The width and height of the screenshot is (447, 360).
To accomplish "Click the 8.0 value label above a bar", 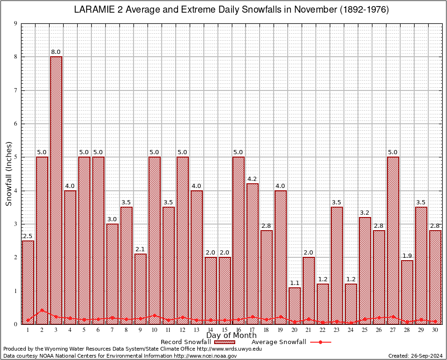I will (56, 52).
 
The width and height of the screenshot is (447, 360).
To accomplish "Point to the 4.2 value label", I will (253, 179).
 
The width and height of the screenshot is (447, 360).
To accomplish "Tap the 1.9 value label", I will (407, 255).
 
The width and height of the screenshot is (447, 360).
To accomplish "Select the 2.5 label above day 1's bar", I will (28, 235).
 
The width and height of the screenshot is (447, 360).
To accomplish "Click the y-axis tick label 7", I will (15, 90).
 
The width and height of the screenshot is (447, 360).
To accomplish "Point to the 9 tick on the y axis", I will (15, 23).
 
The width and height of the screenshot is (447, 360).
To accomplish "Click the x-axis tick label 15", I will (224, 330).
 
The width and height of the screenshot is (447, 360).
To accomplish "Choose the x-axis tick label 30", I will (435, 330).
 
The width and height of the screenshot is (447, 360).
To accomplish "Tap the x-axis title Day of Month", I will (231, 336).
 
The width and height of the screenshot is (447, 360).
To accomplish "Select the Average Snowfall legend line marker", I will (320, 342).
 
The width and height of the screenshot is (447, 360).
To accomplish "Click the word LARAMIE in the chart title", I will (96, 10).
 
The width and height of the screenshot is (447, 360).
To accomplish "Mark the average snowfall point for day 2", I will (42, 310).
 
